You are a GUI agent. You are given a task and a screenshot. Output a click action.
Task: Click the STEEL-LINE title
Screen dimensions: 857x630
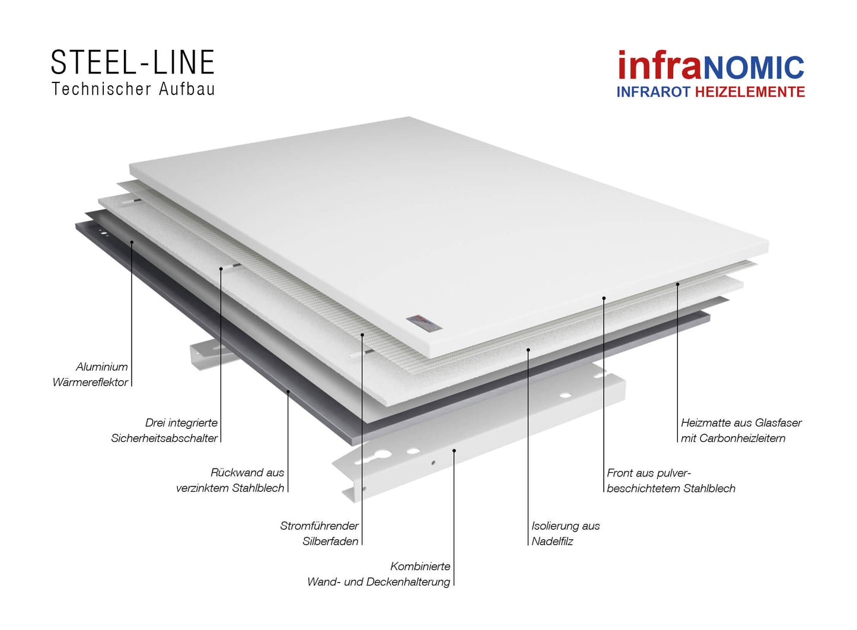click(133, 62)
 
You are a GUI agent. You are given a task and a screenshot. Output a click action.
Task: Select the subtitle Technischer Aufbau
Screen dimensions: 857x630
click(133, 89)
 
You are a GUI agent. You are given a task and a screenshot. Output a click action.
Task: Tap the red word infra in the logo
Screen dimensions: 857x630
click(660, 65)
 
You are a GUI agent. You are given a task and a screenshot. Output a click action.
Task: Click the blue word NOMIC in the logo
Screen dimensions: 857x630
click(754, 68)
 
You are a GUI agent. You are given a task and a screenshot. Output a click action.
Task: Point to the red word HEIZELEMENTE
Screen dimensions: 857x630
click(750, 92)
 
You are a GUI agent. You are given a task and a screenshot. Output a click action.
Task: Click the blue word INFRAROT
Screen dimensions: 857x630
click(654, 92)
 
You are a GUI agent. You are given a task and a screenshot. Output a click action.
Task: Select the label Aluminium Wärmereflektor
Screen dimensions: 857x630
click(90, 374)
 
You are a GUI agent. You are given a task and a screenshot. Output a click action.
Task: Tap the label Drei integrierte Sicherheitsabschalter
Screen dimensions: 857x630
click(164, 430)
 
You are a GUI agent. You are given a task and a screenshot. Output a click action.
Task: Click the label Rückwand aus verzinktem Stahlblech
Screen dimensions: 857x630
click(230, 480)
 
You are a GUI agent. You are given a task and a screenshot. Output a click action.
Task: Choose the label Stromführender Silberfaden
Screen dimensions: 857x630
click(320, 533)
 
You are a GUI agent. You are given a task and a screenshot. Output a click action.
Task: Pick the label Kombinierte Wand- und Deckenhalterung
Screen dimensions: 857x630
click(379, 574)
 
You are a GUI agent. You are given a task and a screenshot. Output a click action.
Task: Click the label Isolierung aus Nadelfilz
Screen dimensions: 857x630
click(565, 533)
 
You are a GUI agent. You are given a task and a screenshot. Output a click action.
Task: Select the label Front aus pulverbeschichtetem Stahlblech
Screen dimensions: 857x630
click(671, 481)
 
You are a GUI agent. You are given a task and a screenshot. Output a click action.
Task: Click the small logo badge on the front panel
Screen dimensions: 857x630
click(424, 322)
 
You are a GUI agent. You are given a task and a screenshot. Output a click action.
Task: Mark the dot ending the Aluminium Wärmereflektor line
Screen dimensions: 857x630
click(132, 242)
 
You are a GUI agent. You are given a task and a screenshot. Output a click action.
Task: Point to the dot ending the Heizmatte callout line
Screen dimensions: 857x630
click(677, 284)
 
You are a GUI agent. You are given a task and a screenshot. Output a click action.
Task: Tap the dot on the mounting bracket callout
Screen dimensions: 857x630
click(454, 450)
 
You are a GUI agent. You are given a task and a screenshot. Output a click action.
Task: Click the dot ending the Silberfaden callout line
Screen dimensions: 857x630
click(362, 335)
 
